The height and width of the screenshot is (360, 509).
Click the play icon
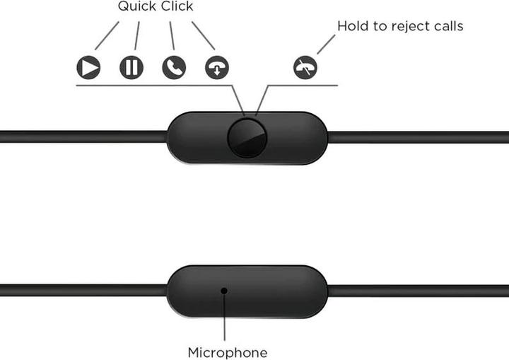pyautogui.click(x=88, y=68)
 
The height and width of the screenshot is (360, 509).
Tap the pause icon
pyautogui.click(x=131, y=68)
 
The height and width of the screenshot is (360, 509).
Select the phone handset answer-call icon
pyautogui.click(x=174, y=68)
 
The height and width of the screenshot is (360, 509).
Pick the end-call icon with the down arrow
pyautogui.click(x=217, y=68)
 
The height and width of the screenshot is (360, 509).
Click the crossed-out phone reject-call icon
pyautogui.click(x=305, y=68)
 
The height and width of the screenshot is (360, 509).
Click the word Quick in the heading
pyautogui.click(x=137, y=6)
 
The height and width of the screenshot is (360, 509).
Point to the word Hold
pyautogui.click(x=351, y=26)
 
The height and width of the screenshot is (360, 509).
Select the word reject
pyautogui.click(x=401, y=27)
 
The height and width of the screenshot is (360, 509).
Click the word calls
pyautogui.click(x=447, y=26)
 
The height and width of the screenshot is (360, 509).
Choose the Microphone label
pyautogui.click(x=228, y=352)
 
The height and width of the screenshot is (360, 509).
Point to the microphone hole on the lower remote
pyautogui.click(x=223, y=290)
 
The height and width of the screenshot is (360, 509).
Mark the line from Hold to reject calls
pyautogui.click(x=325, y=45)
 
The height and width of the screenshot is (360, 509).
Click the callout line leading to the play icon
pyautogui.click(x=107, y=35)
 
